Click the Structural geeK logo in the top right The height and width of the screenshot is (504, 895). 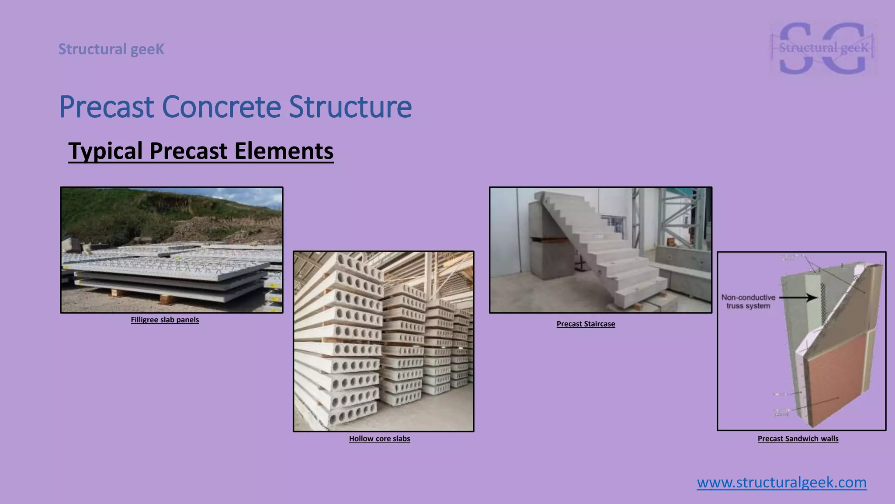coord(823,48)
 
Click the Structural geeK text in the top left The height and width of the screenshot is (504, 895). coord(111,49)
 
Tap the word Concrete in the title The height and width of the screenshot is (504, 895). coord(221,107)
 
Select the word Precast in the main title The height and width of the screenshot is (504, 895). coord(107,107)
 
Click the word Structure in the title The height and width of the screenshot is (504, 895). coord(350,107)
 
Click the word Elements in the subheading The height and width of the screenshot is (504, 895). coord(284,151)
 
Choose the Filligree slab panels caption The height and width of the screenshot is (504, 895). coord(165,320)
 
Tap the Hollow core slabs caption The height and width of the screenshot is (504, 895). coord(379,439)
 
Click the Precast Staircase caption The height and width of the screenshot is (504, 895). coord(586,324)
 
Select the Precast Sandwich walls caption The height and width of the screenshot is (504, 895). coord(798,439)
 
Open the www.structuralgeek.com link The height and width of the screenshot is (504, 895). coord(781,483)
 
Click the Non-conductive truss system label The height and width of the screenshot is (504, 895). coord(748,301)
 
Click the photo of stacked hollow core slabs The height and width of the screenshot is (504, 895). coord(383,341)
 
